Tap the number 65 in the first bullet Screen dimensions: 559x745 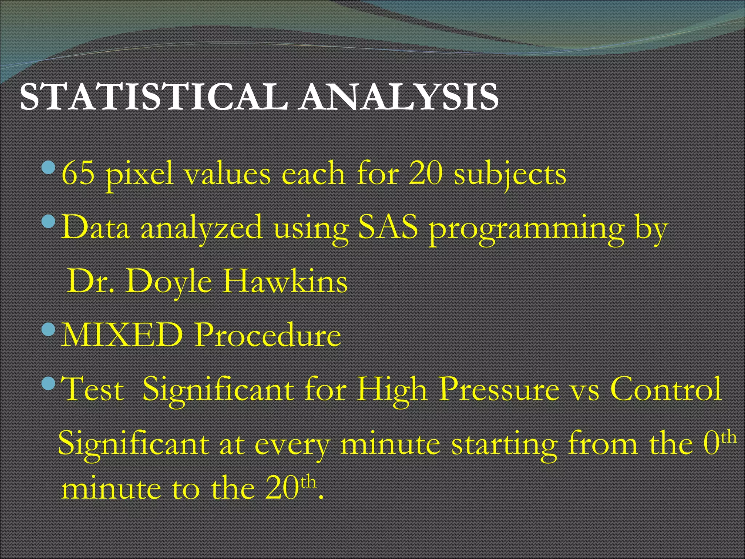click(x=78, y=174)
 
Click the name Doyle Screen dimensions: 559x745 click(x=169, y=282)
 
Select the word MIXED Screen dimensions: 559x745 click(x=122, y=335)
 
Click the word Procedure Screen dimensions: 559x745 click(x=267, y=335)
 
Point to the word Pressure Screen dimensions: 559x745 click(x=499, y=389)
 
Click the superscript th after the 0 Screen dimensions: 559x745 click(x=729, y=437)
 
